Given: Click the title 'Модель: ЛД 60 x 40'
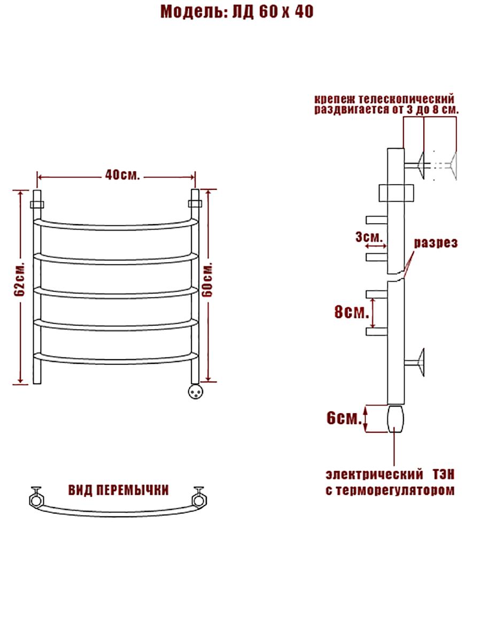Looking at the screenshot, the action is point(237,12).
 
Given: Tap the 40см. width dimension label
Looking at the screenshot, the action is point(123,175).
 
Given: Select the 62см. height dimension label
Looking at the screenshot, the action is point(20,281).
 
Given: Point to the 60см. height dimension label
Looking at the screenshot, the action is point(208,281).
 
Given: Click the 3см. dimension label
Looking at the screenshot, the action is point(369,237).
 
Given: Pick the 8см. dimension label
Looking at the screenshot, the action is point(352,312).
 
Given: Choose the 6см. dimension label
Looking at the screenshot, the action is point(344,418).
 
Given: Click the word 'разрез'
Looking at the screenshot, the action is point(436,243).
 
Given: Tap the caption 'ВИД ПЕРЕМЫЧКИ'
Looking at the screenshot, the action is point(118,490).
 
